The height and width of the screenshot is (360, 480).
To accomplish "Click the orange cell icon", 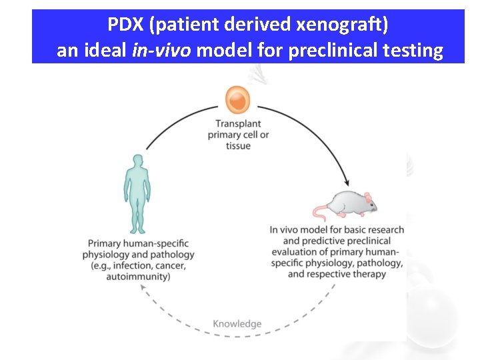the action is (237, 100).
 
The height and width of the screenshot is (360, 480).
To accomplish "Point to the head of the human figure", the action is (137, 161).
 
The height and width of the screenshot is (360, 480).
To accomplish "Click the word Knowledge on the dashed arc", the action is (237, 324).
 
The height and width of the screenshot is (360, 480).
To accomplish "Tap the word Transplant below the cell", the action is (238, 124).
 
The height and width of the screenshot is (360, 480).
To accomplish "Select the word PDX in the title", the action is (127, 25).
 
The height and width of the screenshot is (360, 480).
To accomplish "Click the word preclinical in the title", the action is (336, 51).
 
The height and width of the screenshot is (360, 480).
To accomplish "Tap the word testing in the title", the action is (415, 51).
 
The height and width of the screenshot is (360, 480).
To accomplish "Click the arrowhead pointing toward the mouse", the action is (345, 181).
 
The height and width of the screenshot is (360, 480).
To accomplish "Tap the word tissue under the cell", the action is (238, 146).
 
